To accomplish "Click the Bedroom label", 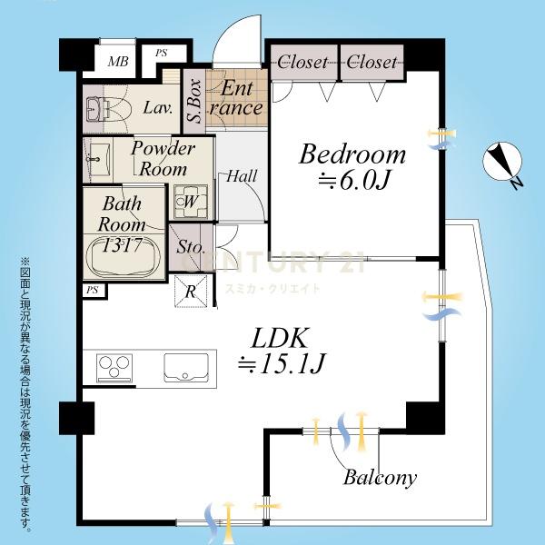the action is [352, 154].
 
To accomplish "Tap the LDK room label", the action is [280, 338].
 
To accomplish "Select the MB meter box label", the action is [118, 62].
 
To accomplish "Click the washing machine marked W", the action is [191, 202].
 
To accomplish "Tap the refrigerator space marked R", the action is [191, 292].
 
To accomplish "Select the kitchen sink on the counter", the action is [186, 368].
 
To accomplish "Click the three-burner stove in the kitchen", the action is [114, 368].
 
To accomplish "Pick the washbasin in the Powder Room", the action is [99, 159].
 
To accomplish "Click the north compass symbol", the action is [503, 163].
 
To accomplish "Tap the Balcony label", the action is [381, 477].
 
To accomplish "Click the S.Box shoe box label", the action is [195, 101].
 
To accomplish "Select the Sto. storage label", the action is [190, 247].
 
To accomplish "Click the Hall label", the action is [242, 176].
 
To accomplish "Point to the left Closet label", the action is [302, 62].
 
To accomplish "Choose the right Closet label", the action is [372, 62].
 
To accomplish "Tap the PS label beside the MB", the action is [162, 53].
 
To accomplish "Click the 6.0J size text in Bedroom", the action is [353, 181].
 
